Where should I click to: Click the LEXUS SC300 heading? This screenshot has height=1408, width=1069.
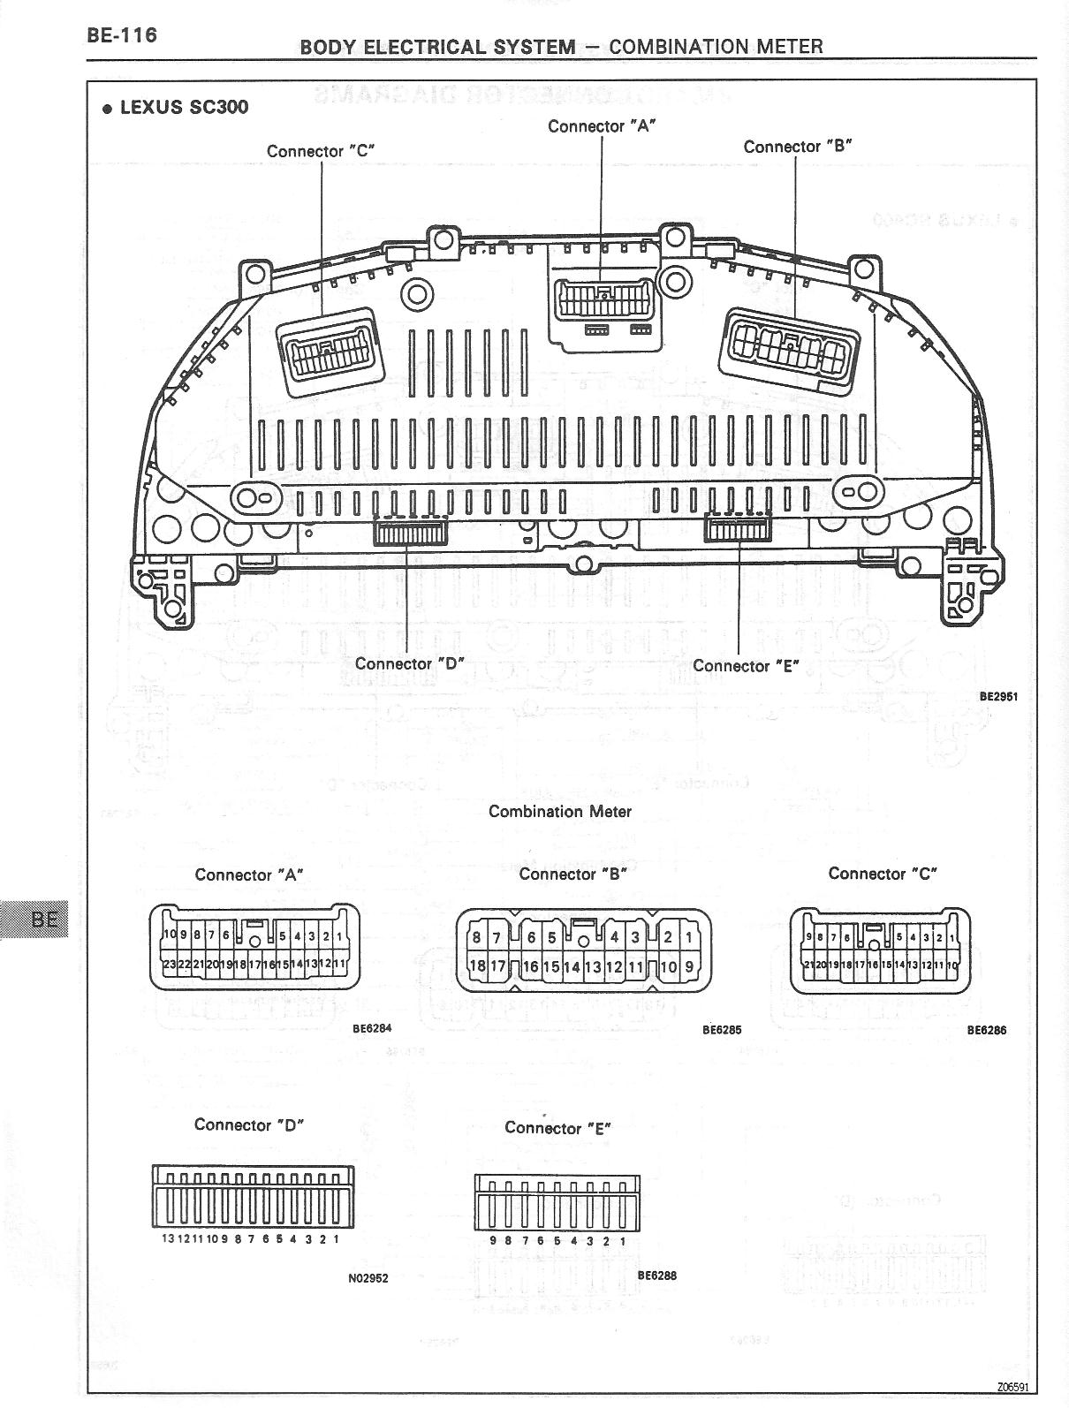175,108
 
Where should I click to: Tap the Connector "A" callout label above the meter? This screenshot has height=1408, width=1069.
602,126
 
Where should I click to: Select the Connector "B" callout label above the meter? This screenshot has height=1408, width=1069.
797,147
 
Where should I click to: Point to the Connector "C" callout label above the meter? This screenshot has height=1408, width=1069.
321,151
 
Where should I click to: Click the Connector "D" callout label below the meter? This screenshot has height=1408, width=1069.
409,663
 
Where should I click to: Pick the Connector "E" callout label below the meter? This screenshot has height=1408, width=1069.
746,666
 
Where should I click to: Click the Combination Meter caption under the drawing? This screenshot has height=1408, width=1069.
560,811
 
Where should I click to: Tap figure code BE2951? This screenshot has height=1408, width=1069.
998,696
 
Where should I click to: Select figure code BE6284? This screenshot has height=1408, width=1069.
371,1028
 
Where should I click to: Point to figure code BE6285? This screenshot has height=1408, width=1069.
722,1030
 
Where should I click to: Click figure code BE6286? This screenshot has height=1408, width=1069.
986,1030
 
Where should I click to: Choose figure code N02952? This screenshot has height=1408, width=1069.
368,1278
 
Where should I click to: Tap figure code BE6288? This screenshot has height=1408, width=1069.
656,1276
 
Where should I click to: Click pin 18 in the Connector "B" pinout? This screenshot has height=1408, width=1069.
476,966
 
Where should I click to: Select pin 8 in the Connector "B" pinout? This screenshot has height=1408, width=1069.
476,937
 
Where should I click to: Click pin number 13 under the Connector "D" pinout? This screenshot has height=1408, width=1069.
169,1239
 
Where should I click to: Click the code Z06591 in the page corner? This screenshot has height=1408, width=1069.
1012,1386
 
